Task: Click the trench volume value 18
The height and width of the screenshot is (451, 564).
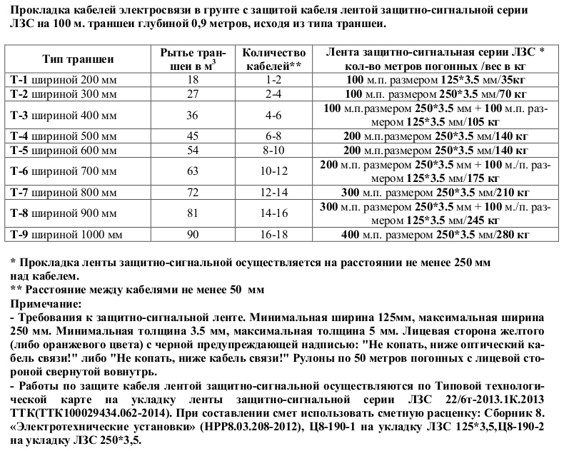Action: click(191, 79)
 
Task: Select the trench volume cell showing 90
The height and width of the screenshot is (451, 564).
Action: click(191, 235)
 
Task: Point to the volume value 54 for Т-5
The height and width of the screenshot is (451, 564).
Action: click(191, 151)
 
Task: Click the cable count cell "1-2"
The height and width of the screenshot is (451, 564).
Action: click(274, 79)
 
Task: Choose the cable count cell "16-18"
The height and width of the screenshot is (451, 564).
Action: click(274, 235)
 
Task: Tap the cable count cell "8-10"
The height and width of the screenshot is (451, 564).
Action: click(274, 151)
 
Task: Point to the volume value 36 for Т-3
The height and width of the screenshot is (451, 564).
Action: click(191, 114)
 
